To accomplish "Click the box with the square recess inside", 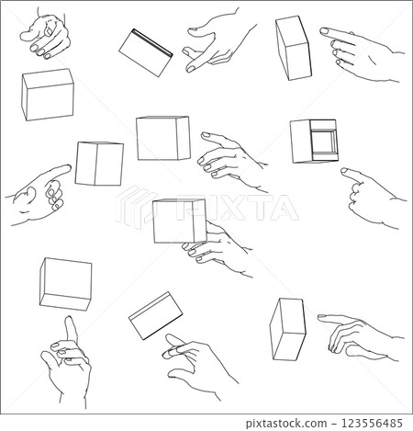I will [315, 142].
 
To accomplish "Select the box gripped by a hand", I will [178, 221].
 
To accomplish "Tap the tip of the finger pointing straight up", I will [68, 321].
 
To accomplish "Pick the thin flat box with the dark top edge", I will [146, 51].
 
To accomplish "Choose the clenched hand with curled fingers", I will [49, 35].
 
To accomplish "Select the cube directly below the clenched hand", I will [48, 94].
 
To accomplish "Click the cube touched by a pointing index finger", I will [99, 164].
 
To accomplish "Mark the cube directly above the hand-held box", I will [162, 138].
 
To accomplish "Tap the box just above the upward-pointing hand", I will [65, 282].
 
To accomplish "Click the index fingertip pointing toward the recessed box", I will [344, 170].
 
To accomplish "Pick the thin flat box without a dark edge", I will [153, 315].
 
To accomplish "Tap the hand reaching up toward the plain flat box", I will [193, 363].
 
